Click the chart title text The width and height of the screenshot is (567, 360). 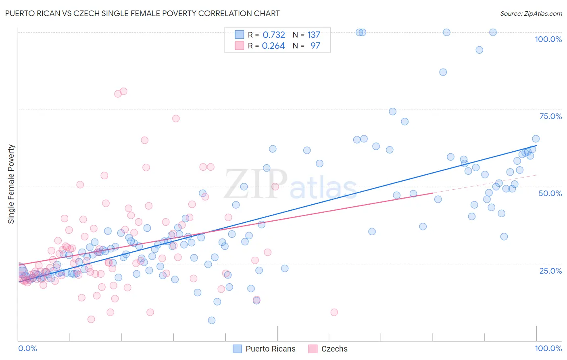click(142, 13)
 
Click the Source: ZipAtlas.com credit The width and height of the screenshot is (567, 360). click(531, 13)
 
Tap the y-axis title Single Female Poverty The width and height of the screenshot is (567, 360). click(11, 184)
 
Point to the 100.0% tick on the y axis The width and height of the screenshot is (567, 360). click(548, 39)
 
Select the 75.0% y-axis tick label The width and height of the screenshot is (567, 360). click(550, 116)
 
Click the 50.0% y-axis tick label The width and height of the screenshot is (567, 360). click(550, 193)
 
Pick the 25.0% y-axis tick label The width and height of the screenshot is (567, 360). click(550, 270)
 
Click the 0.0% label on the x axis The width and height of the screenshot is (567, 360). click(27, 348)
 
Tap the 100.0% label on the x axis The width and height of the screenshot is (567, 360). click(548, 348)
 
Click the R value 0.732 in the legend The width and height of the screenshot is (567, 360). click(274, 35)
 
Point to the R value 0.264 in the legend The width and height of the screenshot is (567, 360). click(273, 46)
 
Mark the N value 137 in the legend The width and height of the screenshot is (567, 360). click(314, 35)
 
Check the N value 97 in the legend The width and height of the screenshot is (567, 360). click(315, 46)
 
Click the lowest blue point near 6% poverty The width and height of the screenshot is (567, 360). click(212, 320)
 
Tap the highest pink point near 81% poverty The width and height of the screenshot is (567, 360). click(123, 91)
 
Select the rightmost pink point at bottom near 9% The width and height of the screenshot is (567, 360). click(334, 312)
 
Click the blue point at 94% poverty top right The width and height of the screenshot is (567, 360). click(479, 50)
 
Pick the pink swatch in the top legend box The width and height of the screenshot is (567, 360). click(240, 46)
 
